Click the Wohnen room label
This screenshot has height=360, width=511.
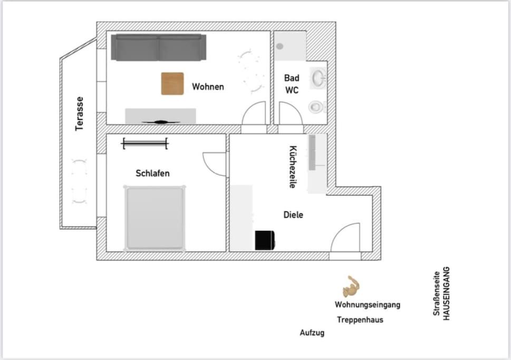(x=208, y=86)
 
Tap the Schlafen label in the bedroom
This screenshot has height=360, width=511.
(x=152, y=173)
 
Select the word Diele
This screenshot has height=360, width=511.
(x=293, y=215)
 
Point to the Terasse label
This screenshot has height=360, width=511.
(x=79, y=114)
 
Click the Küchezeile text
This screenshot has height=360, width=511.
(x=293, y=167)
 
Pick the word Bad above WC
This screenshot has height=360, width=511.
(x=292, y=78)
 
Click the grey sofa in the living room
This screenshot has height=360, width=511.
(x=158, y=47)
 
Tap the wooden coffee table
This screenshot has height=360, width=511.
(x=172, y=84)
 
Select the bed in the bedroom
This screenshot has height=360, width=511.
(x=155, y=218)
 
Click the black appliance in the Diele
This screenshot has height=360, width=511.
(x=265, y=240)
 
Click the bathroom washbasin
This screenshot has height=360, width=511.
(x=318, y=78)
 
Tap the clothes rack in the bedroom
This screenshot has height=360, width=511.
(x=146, y=143)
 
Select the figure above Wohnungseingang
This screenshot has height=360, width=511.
(x=351, y=287)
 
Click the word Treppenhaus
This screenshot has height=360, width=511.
(x=360, y=319)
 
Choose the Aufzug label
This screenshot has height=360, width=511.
(x=312, y=333)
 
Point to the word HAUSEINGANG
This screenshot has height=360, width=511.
(x=447, y=293)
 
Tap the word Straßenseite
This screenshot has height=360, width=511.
(x=437, y=293)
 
